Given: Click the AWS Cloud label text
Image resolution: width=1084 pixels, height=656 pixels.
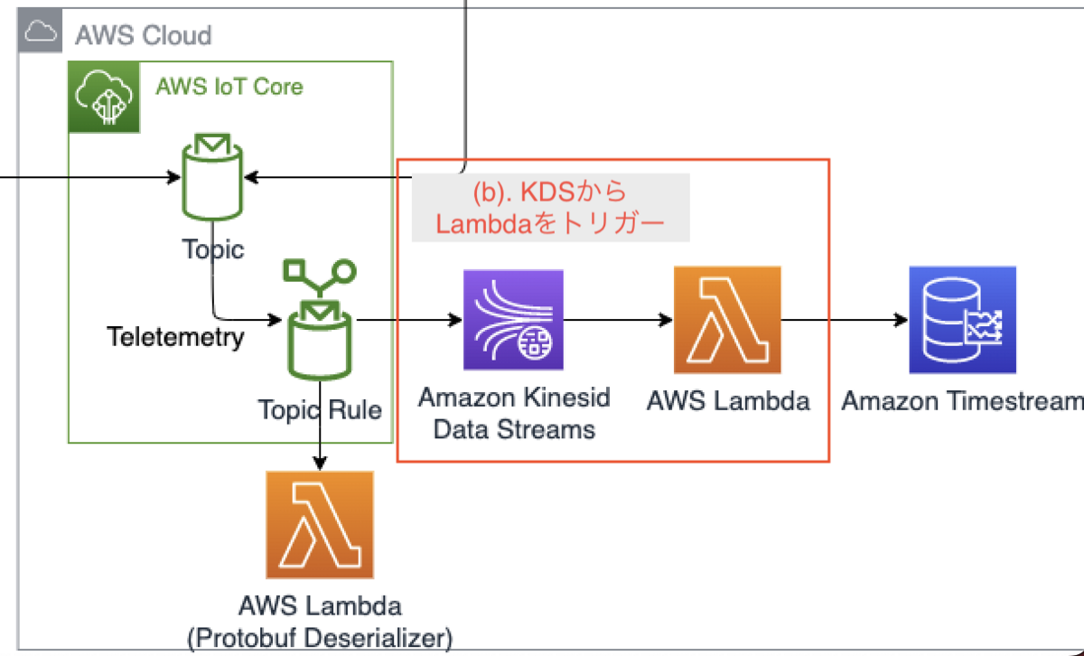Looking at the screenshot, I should [x=143, y=35].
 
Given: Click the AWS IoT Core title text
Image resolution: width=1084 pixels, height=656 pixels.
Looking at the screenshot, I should [x=229, y=87].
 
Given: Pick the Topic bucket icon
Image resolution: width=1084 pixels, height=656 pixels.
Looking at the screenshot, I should [x=212, y=177].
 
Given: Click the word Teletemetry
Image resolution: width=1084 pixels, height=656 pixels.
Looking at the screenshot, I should [x=175, y=337].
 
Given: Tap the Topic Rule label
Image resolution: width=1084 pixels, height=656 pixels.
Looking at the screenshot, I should [x=320, y=410].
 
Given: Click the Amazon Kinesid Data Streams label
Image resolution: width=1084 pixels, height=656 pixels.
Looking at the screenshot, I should [x=514, y=413].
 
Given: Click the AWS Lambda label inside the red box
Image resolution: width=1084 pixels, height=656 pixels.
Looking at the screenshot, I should [x=728, y=400].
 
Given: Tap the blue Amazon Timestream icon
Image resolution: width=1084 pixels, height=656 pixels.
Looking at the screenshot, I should [x=962, y=320].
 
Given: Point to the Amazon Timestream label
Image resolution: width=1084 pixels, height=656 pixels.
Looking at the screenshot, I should [x=962, y=401].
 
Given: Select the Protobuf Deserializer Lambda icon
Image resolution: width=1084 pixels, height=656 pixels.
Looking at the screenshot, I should [x=319, y=525].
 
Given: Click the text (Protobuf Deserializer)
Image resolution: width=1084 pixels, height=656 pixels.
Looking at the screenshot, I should [x=319, y=637].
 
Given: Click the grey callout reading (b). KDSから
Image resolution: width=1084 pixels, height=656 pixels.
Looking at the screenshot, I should [x=550, y=209].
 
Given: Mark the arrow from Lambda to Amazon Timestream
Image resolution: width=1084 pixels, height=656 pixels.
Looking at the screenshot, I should [x=845, y=320].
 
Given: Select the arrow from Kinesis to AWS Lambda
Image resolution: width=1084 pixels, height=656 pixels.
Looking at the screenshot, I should [x=619, y=320].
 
